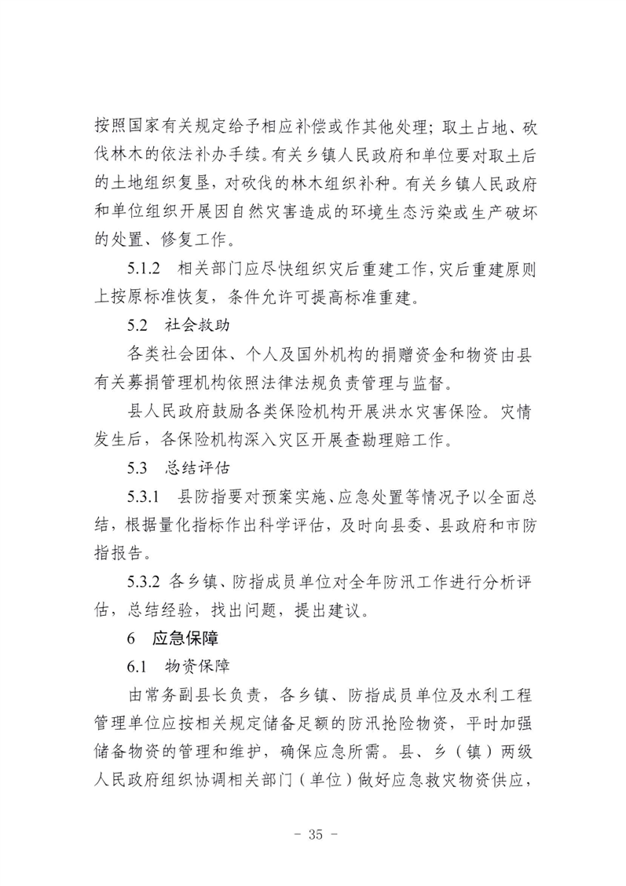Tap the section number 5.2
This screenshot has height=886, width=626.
pyautogui.click(x=137, y=324)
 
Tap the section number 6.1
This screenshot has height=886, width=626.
pyautogui.click(x=137, y=667)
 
